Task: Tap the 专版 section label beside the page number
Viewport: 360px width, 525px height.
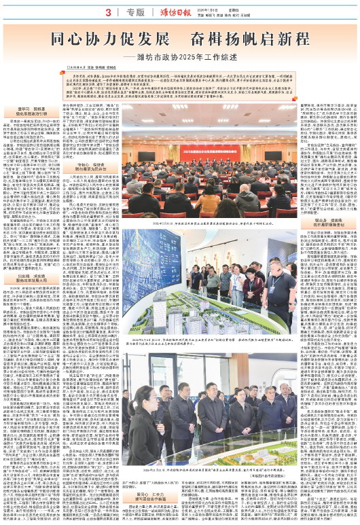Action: (135, 12)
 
